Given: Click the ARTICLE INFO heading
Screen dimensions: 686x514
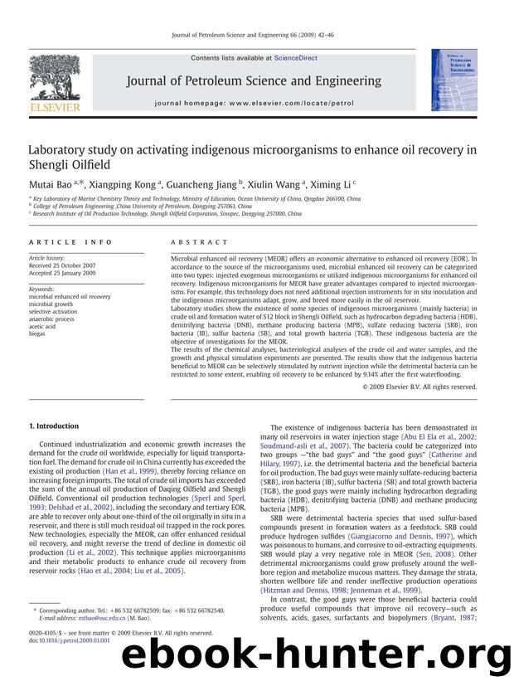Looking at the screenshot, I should tap(63, 242).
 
